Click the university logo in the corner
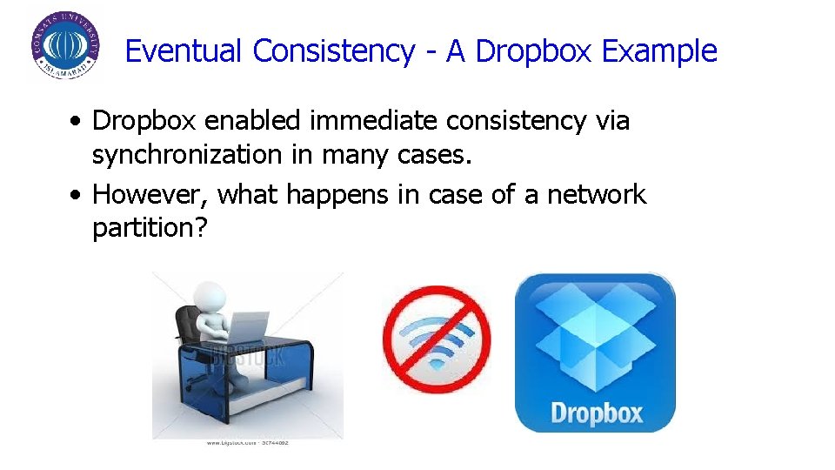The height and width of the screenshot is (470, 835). pos(65,45)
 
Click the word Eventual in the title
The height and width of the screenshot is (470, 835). pos(184,51)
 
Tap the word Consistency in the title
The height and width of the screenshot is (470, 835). pos(334,51)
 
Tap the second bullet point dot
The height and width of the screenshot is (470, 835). pos(78,195)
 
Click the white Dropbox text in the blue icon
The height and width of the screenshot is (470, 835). pos(595,411)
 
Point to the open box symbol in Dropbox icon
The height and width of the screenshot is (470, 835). pos(595,335)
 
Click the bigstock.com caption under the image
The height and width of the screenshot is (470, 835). pos(247,442)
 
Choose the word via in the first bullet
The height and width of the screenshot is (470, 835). pos(612,121)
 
